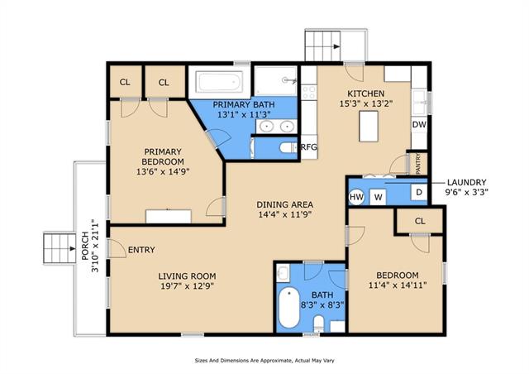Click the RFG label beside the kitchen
click(308, 147)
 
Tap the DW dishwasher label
click(419, 124)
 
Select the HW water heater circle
click(356, 197)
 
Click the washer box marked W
click(378, 197)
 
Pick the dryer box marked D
click(419, 192)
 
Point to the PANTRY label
click(418, 164)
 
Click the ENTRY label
click(141, 250)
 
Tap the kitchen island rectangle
click(369, 126)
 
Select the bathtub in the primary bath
click(219, 81)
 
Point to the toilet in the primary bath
click(288, 147)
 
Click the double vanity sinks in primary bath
click(276, 127)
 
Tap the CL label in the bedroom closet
click(420, 221)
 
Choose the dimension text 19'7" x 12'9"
click(188, 286)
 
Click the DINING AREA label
click(284, 204)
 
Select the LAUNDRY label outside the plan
click(466, 182)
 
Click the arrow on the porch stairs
click(72, 249)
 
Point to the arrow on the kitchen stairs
click(336, 46)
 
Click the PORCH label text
click(85, 246)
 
